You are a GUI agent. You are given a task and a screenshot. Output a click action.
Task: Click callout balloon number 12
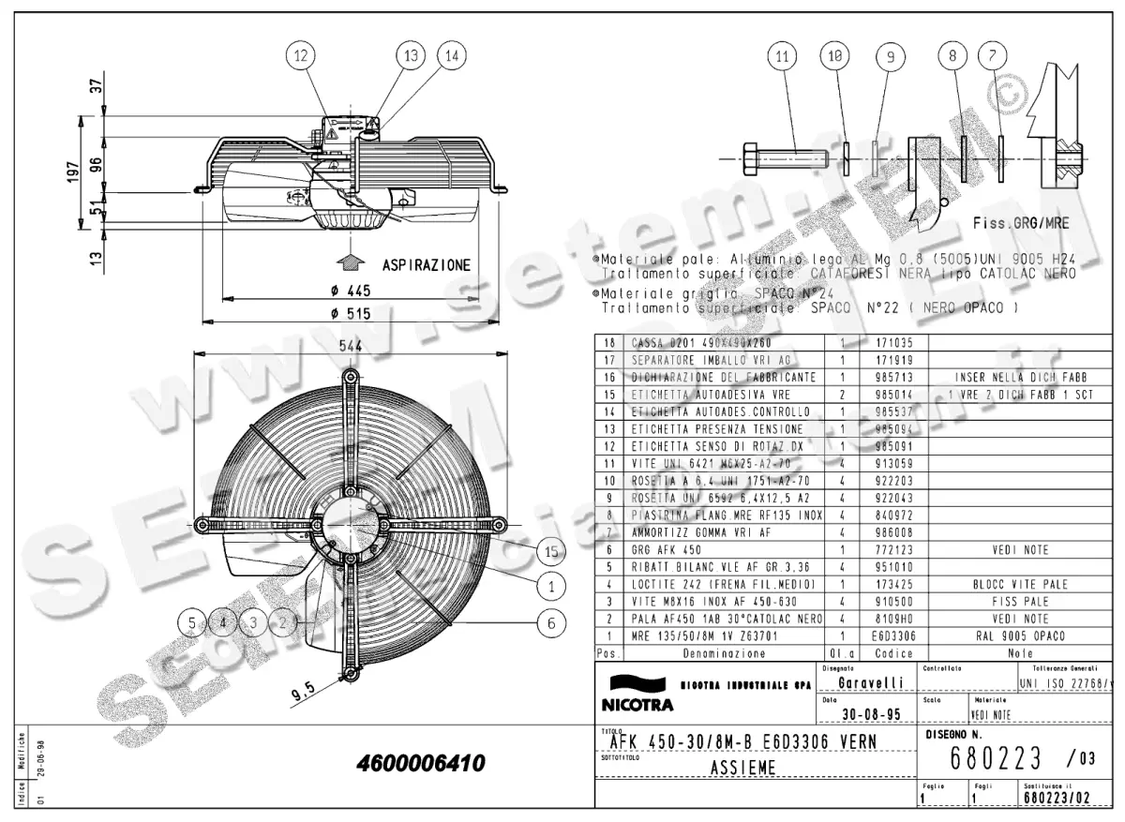(300, 56)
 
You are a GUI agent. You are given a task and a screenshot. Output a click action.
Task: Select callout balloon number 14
(451, 56)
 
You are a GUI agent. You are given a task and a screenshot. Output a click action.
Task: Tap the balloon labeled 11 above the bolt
(780, 57)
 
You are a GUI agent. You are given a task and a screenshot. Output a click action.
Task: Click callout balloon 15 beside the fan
(552, 552)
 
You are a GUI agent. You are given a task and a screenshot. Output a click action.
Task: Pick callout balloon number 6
(552, 620)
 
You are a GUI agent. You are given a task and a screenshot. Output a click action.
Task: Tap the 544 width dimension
(351, 345)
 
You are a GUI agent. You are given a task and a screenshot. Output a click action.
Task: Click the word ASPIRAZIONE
(426, 265)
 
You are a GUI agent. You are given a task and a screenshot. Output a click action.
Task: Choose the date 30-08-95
(860, 714)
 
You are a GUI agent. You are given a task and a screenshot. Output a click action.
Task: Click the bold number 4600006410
(421, 764)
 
